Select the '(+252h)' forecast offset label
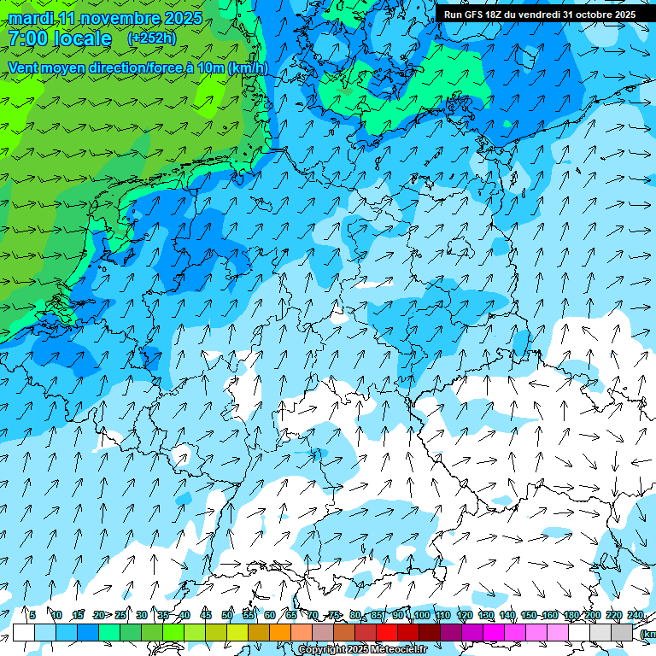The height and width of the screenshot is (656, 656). [x=152, y=38]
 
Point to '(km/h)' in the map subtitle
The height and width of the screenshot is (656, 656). [x=249, y=67]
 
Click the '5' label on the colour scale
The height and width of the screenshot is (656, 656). [x=32, y=615]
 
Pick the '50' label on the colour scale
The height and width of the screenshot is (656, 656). [x=227, y=615]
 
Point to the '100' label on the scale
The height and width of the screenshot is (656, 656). [x=421, y=615]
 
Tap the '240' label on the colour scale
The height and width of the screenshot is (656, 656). [x=635, y=615]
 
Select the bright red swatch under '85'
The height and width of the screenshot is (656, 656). [x=387, y=632]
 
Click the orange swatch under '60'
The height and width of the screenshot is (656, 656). [x=280, y=632]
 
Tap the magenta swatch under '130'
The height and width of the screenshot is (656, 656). [x=494, y=632]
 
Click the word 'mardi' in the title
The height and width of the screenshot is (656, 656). [x=30, y=18]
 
